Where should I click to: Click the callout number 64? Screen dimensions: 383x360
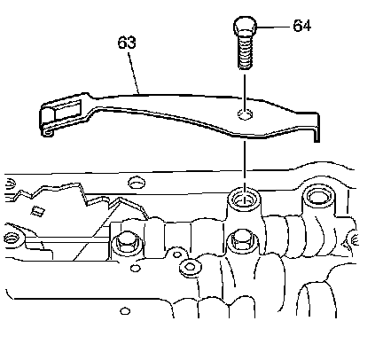point(301,26)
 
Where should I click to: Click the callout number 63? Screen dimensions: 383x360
point(127,43)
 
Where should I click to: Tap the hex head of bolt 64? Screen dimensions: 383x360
point(245,26)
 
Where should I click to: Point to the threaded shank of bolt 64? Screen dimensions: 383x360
point(245,52)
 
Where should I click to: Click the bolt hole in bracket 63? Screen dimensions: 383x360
point(245,114)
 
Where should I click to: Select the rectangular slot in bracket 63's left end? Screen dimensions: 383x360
point(68,110)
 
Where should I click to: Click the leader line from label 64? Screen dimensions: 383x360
point(273,27)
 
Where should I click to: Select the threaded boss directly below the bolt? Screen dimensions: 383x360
point(245,200)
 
